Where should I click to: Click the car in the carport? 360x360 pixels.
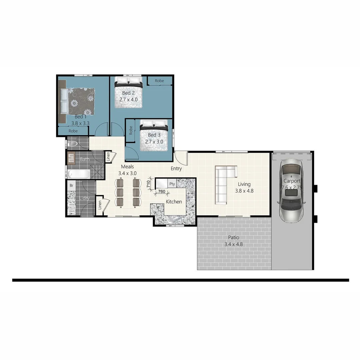[x=291, y=190]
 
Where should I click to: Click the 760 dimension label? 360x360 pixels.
[x=161, y=192]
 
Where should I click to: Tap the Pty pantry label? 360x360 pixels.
[x=172, y=184]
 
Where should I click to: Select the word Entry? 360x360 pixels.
[x=176, y=169]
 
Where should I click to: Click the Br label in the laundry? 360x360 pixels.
[x=71, y=185]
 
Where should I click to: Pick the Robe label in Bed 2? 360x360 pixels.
[x=159, y=81]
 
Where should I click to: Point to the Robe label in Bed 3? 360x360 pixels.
[x=131, y=130]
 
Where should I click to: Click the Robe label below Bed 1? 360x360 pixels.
[x=73, y=131]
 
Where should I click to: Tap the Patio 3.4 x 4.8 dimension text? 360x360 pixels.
[x=233, y=244]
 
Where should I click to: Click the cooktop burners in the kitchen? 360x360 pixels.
[x=191, y=194]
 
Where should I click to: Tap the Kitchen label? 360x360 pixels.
[x=174, y=202]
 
